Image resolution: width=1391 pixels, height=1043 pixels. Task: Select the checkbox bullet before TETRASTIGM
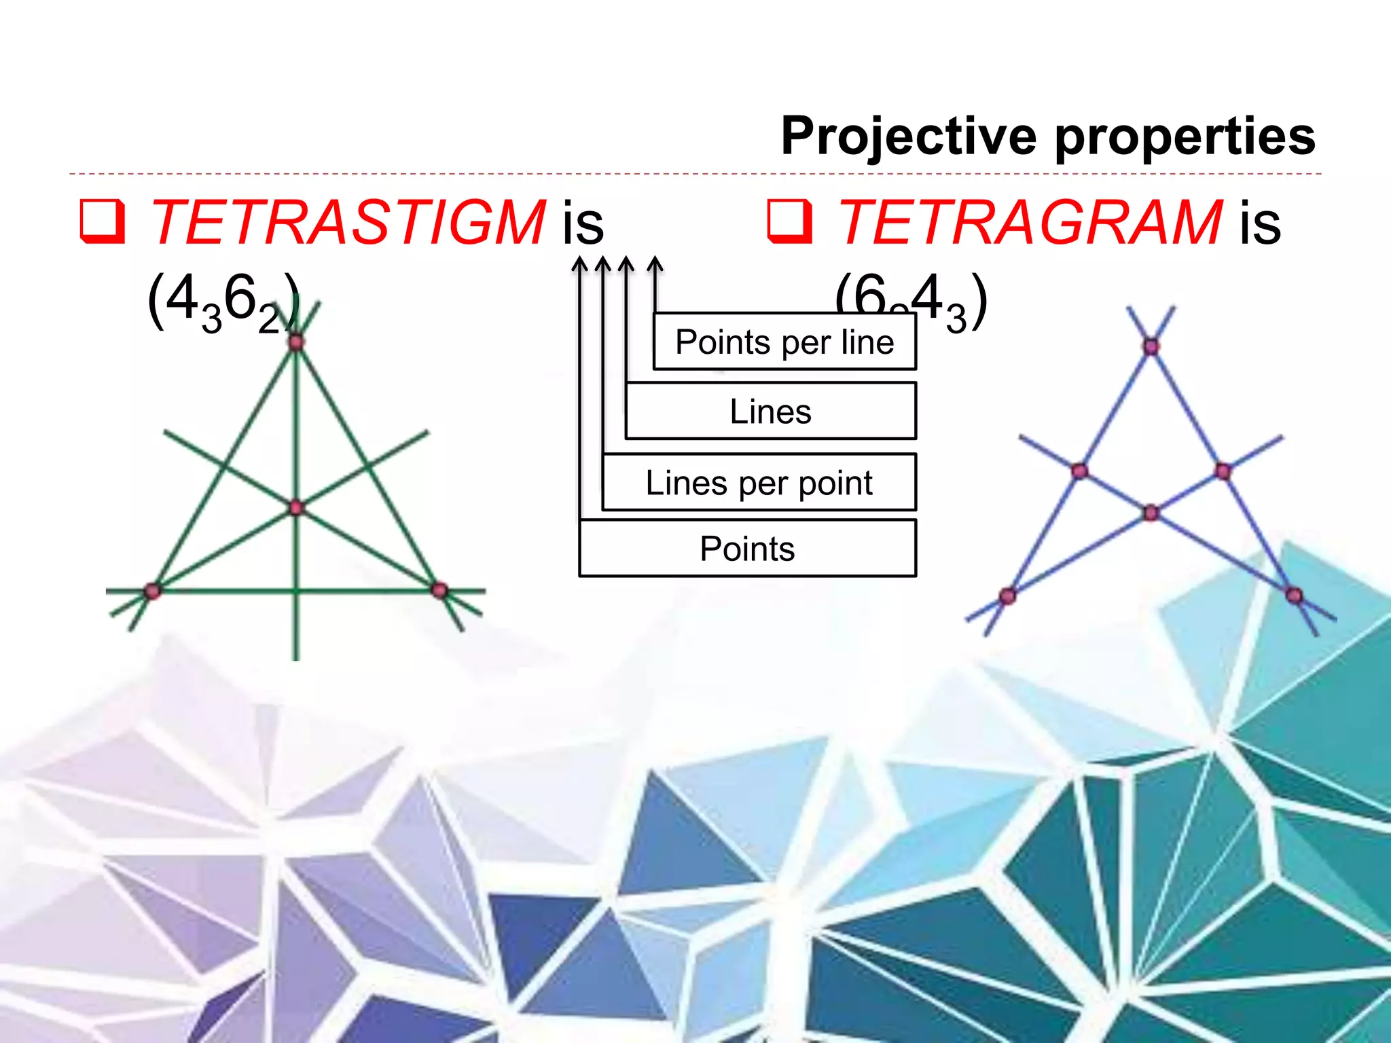102,221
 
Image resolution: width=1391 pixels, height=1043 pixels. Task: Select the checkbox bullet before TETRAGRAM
789,221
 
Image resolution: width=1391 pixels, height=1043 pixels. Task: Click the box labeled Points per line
784,342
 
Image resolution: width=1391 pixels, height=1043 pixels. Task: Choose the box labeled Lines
770,411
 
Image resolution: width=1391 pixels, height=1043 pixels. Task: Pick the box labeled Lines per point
759,483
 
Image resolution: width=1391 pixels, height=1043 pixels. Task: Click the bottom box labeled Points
747,549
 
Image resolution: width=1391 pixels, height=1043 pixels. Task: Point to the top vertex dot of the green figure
296,342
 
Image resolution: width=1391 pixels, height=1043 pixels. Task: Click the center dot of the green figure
296,507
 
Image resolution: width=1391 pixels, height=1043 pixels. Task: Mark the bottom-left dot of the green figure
152,591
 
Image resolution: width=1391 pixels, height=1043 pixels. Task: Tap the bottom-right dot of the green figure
439,590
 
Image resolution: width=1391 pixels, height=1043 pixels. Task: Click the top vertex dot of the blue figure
1151,347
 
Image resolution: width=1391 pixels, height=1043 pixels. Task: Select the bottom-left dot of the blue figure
1007,596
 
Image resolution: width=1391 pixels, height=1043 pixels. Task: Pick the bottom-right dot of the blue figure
1294,596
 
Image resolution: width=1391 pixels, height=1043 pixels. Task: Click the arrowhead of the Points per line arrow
655,263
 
